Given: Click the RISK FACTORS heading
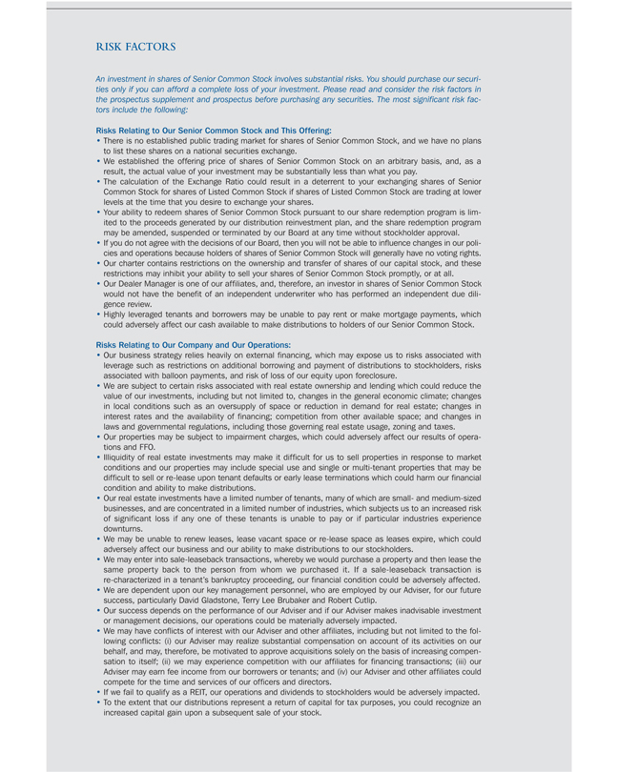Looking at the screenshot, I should click(x=135, y=46).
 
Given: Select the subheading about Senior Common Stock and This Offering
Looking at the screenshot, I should click(x=214, y=130).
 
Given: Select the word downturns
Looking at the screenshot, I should click(x=123, y=528).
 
